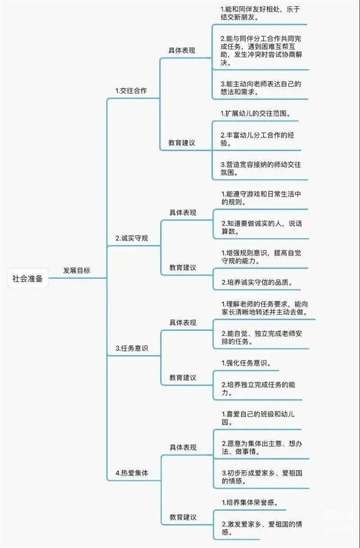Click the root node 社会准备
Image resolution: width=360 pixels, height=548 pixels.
coord(28,279)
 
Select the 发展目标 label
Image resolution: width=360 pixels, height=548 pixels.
coord(77,270)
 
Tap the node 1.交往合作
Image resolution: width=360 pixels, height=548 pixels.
coord(131,91)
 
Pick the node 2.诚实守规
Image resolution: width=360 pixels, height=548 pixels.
coord(132,239)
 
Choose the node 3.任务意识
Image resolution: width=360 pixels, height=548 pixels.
coord(132,348)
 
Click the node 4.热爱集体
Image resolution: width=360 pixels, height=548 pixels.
coord(132,473)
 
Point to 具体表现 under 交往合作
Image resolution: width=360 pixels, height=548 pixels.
coord(182,51)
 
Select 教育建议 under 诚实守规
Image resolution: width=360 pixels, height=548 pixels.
coord(183,268)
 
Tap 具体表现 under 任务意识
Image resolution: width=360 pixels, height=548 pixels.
coord(183,323)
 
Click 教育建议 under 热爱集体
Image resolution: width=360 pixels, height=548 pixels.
coord(183,517)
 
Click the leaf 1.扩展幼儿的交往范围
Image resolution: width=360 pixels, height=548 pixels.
coord(256,113)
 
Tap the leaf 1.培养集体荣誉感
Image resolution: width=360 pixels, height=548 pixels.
coord(250,502)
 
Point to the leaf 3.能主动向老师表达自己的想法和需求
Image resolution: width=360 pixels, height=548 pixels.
coord(260,88)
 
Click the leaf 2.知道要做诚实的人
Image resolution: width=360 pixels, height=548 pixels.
coord(262,227)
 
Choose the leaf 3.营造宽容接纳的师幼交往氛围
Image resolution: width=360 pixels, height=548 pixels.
coord(260,168)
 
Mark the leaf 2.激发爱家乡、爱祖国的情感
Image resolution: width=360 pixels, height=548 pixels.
coord(262,528)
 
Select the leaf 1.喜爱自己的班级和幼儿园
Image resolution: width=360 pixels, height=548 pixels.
coord(258,418)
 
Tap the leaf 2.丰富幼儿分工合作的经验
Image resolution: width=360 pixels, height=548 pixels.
coord(257,139)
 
